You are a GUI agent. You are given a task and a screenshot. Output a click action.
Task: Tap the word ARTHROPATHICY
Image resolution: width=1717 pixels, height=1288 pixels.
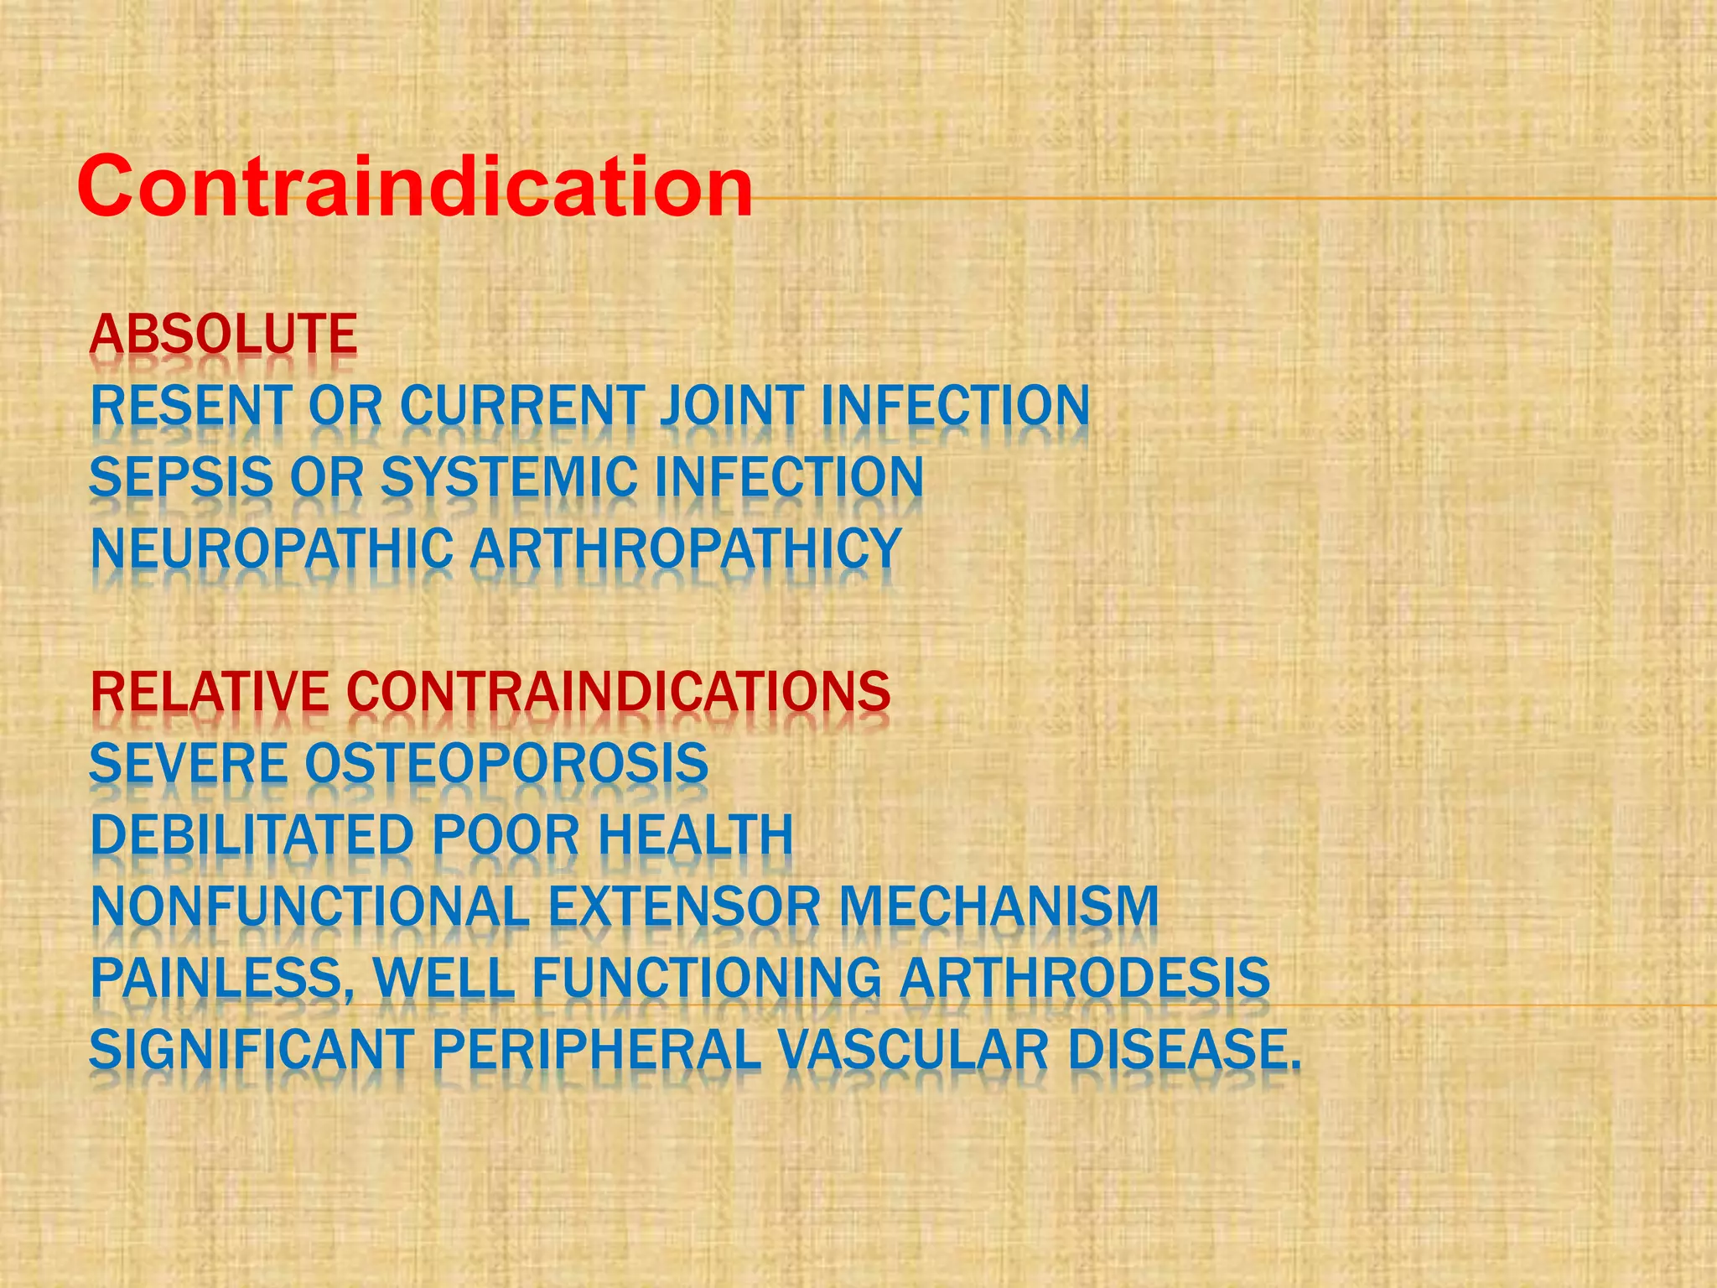tap(686, 549)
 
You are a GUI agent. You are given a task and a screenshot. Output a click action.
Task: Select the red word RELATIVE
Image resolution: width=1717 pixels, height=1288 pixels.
tap(210, 693)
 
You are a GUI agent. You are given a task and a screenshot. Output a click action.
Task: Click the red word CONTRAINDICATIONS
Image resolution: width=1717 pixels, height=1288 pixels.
tap(618, 693)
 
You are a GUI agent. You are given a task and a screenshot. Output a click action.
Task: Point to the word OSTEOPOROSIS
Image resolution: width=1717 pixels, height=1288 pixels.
tap(506, 764)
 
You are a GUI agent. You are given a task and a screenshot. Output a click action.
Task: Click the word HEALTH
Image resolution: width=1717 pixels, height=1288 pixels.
tap(695, 836)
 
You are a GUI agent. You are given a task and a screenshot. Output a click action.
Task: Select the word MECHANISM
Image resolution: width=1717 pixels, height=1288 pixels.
tap(999, 907)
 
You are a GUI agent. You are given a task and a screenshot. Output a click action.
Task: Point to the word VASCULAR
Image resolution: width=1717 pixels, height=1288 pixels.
tap(913, 1051)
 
